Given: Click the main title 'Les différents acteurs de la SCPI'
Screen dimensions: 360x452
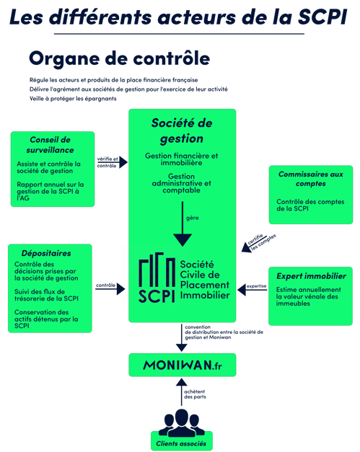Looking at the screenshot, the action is [x=178, y=17].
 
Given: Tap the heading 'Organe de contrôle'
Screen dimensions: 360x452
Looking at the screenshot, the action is [x=120, y=59].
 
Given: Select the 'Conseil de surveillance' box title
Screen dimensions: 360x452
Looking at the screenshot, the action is [x=51, y=145].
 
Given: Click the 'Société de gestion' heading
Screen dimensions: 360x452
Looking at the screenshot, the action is [x=182, y=131].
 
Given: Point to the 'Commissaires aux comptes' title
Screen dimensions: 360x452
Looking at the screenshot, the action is [x=311, y=179].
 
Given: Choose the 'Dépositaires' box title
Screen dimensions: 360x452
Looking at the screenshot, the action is [x=46, y=253].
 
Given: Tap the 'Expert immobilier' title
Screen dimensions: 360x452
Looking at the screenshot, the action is [x=311, y=276].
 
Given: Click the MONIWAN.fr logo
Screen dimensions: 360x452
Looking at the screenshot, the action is [x=183, y=365].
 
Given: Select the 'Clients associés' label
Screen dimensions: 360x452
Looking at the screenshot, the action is [x=181, y=443].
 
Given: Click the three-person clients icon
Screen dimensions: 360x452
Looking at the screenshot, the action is [x=181, y=422].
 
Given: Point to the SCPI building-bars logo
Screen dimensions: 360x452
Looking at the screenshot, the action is [x=157, y=277].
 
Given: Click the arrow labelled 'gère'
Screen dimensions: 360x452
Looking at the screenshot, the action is [x=183, y=224].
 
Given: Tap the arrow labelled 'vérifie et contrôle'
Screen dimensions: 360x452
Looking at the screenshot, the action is [x=113, y=162].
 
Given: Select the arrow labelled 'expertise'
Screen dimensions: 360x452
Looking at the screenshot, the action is [x=252, y=290].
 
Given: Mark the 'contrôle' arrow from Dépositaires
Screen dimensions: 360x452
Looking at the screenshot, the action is [x=110, y=289].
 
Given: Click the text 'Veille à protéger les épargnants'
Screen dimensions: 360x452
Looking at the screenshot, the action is [x=73, y=99].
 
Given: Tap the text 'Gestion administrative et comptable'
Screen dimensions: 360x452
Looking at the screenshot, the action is [x=181, y=183].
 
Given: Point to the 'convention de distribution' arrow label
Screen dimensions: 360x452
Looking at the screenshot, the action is [x=224, y=332].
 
